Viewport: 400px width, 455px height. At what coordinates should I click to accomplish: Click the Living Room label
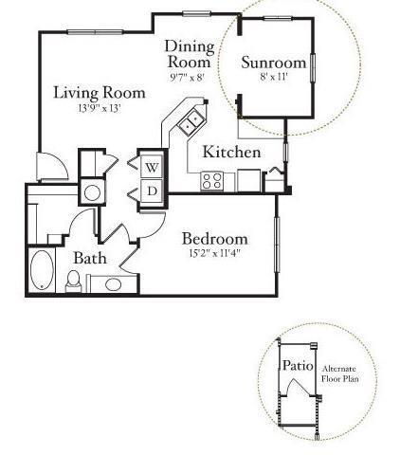point(99,92)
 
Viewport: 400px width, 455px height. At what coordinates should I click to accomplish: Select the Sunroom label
point(273,63)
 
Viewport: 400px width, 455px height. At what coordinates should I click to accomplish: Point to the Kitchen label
point(232,152)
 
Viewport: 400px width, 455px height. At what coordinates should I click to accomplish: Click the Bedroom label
point(215,238)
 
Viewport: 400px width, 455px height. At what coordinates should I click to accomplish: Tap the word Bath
point(90,257)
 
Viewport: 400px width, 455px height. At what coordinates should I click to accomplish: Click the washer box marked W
point(152,168)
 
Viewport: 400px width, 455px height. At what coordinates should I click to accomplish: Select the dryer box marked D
point(152,191)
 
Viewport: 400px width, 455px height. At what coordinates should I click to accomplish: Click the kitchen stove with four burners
point(212,178)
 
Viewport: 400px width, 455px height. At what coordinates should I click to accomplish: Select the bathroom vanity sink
point(112,283)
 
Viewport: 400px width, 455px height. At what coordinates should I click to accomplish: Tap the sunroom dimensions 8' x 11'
point(273,78)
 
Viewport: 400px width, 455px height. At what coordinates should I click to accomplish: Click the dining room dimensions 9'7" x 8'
point(186,78)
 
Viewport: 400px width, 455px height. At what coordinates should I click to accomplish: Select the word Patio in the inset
point(297,365)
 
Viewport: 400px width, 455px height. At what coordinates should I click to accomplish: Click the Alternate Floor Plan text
point(340,373)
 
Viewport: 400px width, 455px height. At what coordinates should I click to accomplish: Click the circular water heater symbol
point(93,192)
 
